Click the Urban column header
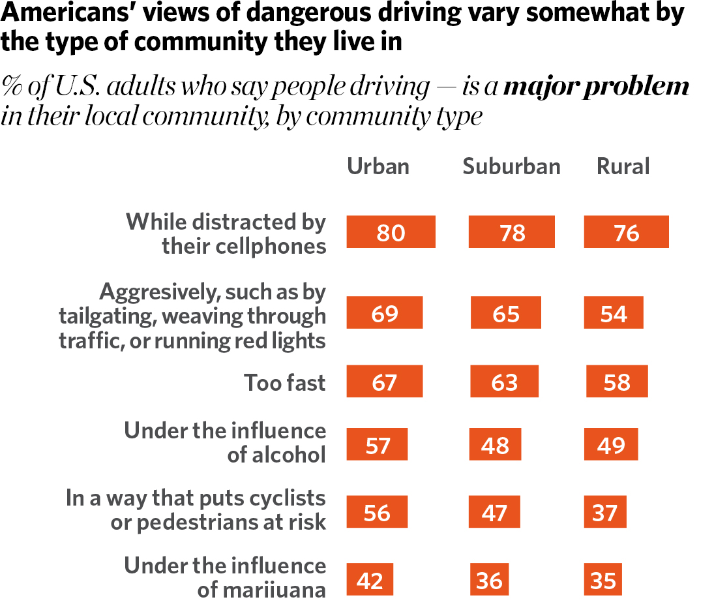[x=378, y=166]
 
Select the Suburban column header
[x=511, y=166]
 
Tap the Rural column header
[x=623, y=166]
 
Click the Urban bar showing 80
[x=391, y=232]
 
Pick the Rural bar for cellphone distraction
[x=626, y=232]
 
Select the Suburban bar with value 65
[x=505, y=312]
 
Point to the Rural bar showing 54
[x=614, y=312]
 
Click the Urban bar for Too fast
[x=384, y=381]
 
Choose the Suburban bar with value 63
[x=504, y=381]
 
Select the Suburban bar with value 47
[x=494, y=511]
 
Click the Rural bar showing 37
[x=605, y=511]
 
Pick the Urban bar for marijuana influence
[x=370, y=579]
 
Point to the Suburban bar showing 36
[x=489, y=579]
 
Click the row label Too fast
[x=284, y=382]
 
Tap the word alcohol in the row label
[x=276, y=455]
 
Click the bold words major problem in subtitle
[x=596, y=87]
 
